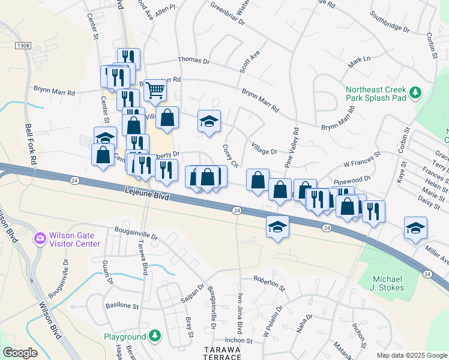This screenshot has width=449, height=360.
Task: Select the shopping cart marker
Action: pos(155,91)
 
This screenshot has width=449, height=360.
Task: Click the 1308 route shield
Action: pos(22,45)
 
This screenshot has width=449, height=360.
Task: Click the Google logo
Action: pos(20,352)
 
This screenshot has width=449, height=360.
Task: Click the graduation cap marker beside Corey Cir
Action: pos(209,121)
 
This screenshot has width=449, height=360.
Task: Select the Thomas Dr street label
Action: pos(194,61)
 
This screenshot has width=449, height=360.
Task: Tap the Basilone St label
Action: pos(122,305)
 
